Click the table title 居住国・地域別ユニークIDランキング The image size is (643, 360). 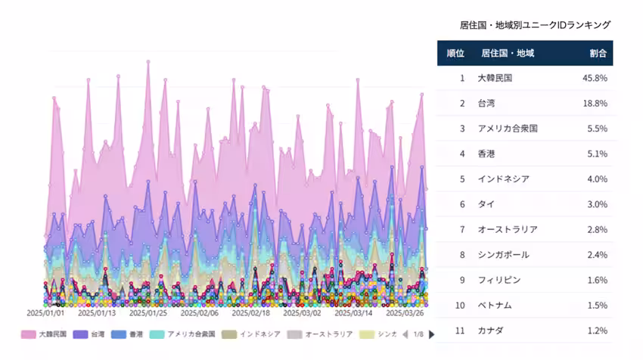point(535,25)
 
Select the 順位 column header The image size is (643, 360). point(455,53)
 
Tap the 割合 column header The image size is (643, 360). point(598,53)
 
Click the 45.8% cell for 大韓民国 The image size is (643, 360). point(595,78)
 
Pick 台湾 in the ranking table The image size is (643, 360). point(487,103)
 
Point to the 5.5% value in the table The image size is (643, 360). point(597,129)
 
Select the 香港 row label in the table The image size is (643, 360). point(487,154)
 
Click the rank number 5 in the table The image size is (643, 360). point(461,179)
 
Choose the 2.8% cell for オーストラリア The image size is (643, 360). point(597,229)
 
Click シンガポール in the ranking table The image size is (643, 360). point(503,255)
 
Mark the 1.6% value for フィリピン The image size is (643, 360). point(597,280)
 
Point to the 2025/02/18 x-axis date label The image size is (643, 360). point(250,312)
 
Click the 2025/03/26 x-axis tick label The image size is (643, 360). point(405,312)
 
